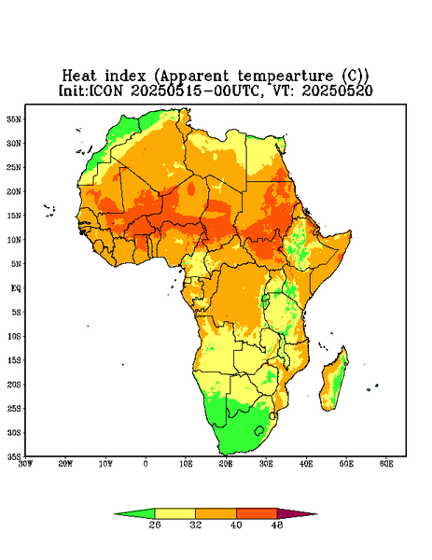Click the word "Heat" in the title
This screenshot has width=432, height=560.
tap(79, 77)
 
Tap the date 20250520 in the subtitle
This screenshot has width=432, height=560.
tap(338, 91)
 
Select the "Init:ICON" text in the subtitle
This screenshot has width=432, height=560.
tap(91, 91)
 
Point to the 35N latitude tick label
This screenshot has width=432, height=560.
tap(14, 119)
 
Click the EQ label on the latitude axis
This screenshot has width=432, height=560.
tap(16, 287)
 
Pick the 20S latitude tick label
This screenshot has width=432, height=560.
tap(14, 385)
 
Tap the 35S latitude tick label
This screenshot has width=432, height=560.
tap(14, 456)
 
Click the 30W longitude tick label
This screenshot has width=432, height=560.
tap(25, 464)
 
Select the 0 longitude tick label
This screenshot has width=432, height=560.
tap(146, 464)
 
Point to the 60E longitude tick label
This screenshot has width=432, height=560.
tap(386, 464)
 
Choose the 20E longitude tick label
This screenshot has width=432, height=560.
tap(226, 464)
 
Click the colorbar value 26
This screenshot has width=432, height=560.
tap(155, 525)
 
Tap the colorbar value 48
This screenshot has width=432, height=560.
tap(277, 525)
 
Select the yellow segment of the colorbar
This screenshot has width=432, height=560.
tap(174, 513)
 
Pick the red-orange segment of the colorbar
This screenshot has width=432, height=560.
tap(257, 513)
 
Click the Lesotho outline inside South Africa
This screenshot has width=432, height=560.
tap(258, 430)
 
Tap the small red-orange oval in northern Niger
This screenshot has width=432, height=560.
tap(191, 189)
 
